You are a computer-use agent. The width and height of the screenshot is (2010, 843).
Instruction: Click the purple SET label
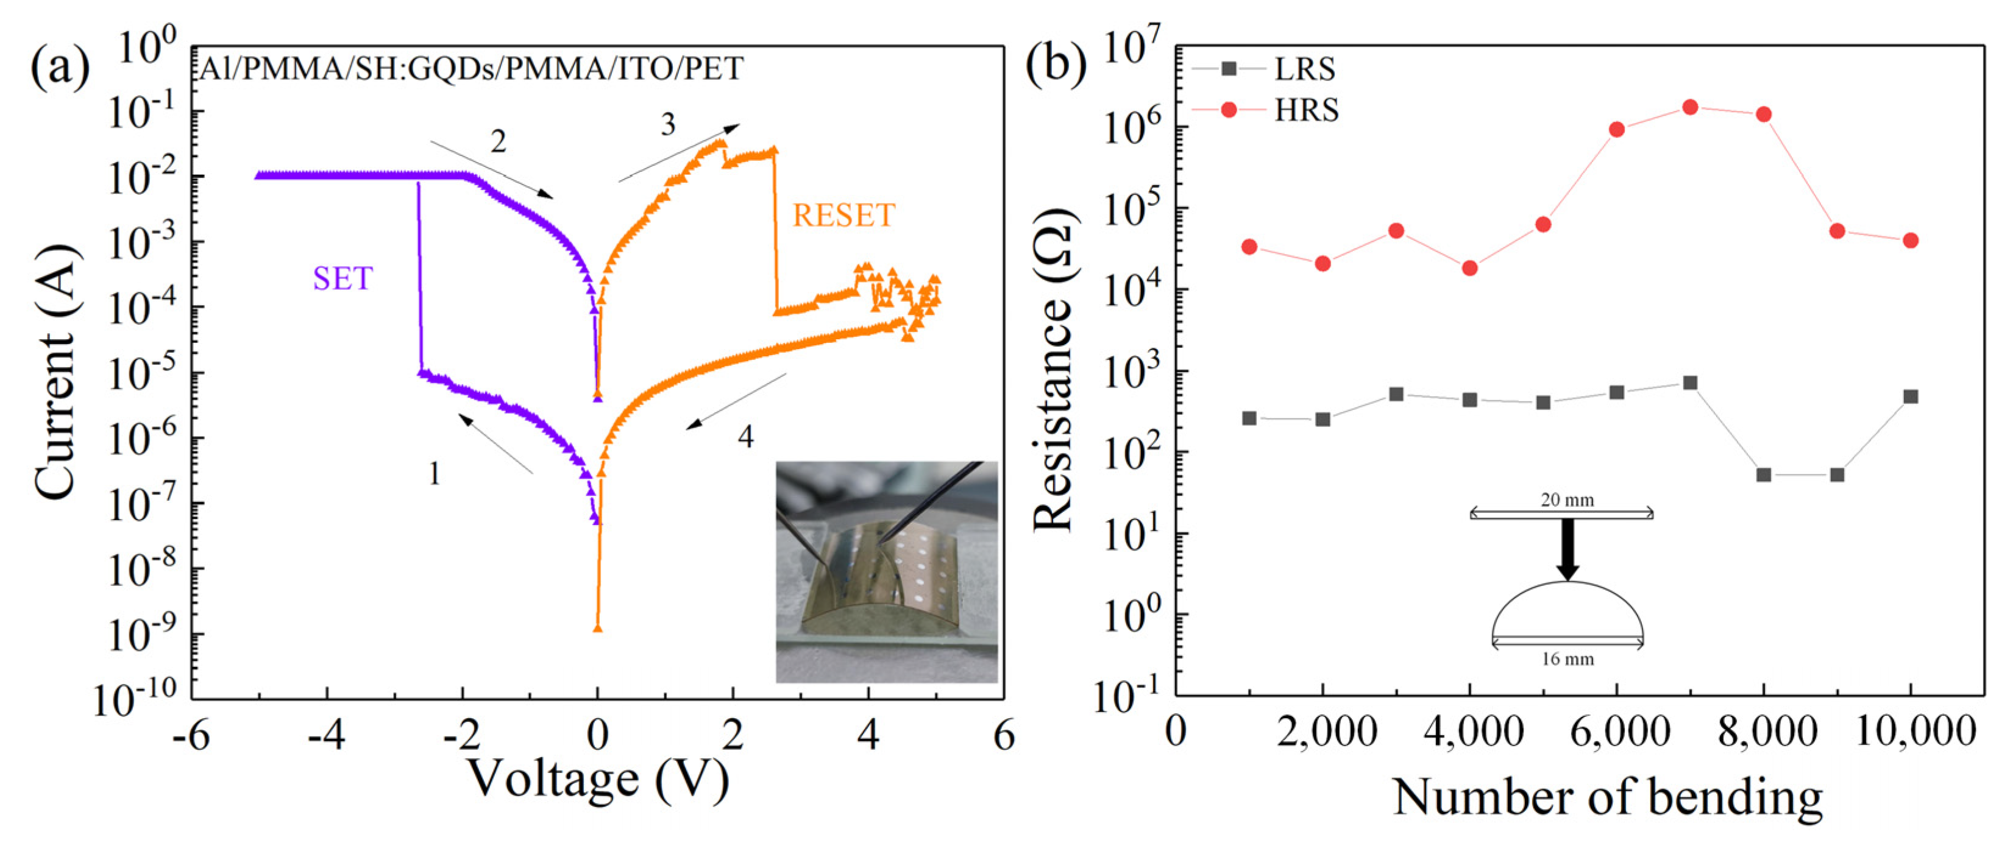point(343,278)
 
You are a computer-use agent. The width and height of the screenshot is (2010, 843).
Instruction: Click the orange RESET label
point(843,215)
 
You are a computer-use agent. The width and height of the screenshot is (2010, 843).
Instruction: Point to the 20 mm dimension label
point(1567,500)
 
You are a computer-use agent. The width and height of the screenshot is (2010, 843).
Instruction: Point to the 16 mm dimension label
point(1567,659)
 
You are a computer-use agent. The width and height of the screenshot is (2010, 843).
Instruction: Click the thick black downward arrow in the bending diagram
point(1568,549)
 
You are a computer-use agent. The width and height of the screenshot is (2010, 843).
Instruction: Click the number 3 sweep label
point(668,125)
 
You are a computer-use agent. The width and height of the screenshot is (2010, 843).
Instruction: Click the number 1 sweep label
point(435,473)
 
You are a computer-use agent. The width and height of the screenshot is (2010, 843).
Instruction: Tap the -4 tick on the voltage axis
point(326,735)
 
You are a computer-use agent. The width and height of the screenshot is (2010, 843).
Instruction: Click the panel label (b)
point(1056,65)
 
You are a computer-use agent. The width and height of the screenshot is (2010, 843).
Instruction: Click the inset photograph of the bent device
point(886,571)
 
